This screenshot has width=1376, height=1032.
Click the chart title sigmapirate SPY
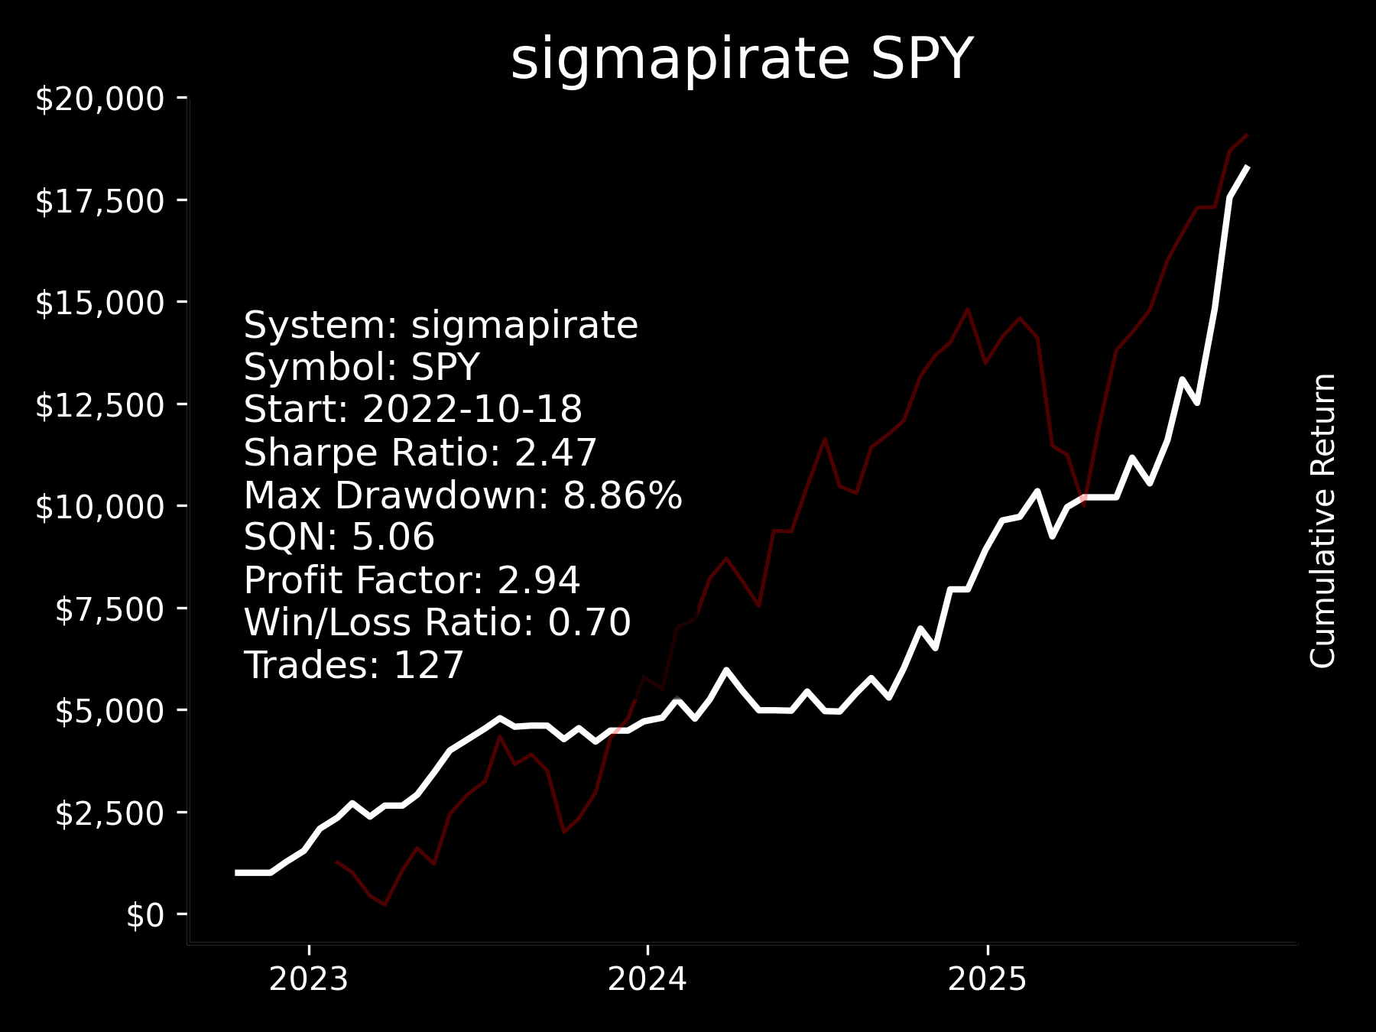(x=741, y=60)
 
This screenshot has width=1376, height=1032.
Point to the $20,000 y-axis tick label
(x=100, y=99)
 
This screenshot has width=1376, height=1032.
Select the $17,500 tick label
(x=100, y=201)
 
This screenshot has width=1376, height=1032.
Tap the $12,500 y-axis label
(x=100, y=405)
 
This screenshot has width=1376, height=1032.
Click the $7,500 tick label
(x=110, y=609)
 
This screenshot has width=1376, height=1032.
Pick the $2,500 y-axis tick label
(x=110, y=813)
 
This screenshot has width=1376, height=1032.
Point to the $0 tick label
(x=145, y=915)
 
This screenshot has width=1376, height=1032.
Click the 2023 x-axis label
(x=309, y=979)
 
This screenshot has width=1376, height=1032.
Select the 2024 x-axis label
(x=647, y=979)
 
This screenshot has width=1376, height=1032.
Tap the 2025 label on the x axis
(x=988, y=979)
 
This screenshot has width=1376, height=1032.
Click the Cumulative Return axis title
(x=1322, y=521)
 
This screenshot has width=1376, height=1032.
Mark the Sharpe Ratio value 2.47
(x=556, y=453)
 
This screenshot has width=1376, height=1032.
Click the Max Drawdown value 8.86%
(x=622, y=495)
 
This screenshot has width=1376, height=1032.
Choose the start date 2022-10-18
(x=472, y=410)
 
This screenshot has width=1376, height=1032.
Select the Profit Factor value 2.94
(x=539, y=580)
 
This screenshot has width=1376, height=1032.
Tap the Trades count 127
(x=428, y=665)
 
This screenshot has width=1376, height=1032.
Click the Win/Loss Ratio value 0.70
(x=589, y=622)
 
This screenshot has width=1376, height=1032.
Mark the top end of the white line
(x=1247, y=167)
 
